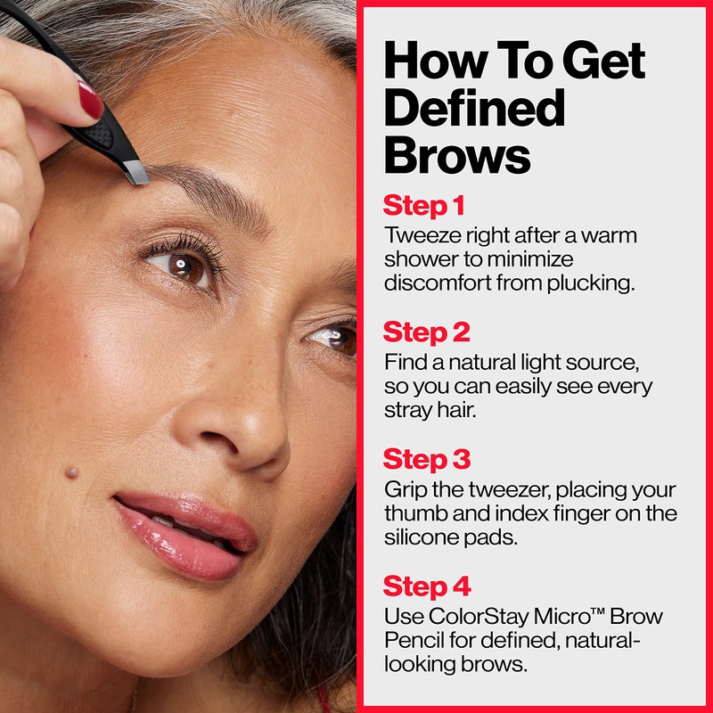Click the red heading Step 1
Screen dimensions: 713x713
[424, 206]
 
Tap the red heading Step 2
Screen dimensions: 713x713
[427, 332]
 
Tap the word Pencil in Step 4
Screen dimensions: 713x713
[412, 640]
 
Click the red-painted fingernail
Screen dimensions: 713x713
[91, 100]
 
